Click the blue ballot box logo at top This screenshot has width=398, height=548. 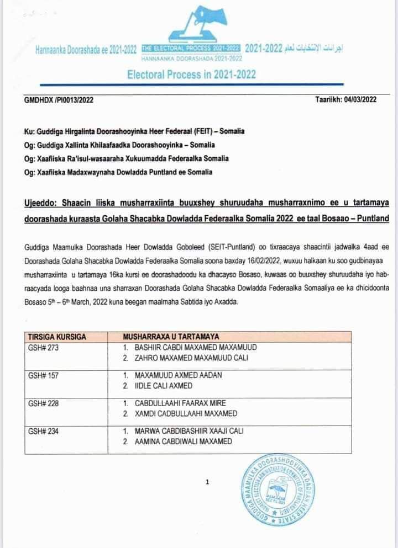(x=197, y=25)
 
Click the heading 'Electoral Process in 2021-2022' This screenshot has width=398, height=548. (x=192, y=75)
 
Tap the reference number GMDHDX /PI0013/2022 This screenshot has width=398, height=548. (x=59, y=99)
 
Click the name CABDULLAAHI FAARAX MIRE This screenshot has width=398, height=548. (x=180, y=403)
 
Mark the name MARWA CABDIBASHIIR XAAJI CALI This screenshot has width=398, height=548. (x=188, y=431)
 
